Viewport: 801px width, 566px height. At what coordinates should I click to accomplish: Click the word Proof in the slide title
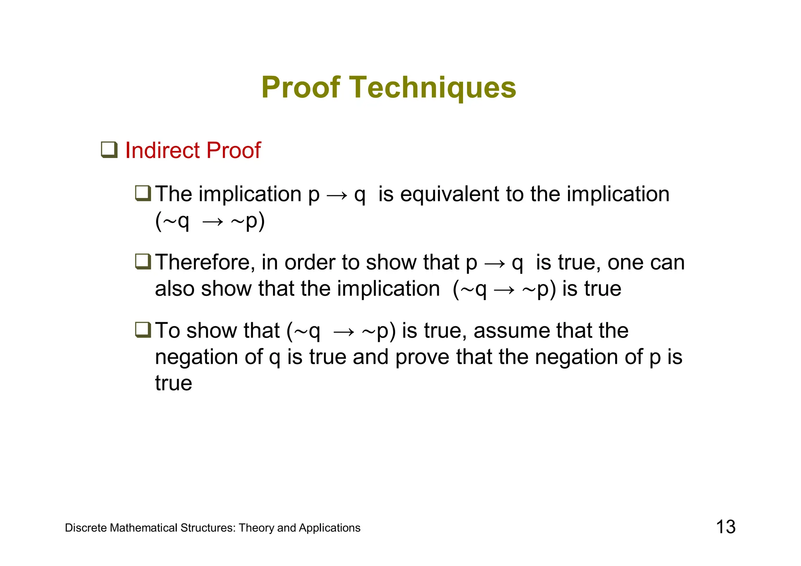(301, 88)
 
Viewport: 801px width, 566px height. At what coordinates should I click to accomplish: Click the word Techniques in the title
(432, 88)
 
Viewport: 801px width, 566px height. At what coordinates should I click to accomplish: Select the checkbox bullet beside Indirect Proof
(109, 150)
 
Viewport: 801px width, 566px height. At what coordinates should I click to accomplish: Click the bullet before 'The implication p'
(143, 193)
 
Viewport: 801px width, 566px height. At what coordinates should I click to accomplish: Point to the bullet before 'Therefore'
(143, 262)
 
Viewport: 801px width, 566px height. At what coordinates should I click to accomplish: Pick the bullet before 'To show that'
(143, 330)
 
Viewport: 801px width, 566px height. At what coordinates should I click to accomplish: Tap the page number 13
(726, 527)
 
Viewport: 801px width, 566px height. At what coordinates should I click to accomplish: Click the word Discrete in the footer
(86, 528)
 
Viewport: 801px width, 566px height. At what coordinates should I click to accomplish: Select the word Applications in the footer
(329, 528)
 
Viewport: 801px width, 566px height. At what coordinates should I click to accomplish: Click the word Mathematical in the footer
(144, 528)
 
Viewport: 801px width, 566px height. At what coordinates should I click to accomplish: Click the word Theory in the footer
(256, 528)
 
